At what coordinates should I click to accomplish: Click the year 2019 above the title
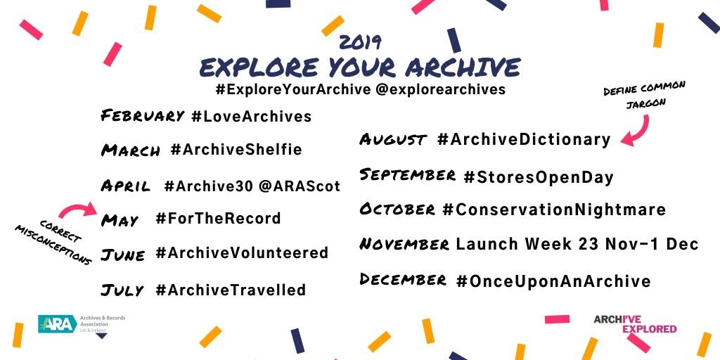[x=360, y=42]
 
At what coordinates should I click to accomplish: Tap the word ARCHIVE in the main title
[x=463, y=68]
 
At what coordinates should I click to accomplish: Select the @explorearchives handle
[x=440, y=89]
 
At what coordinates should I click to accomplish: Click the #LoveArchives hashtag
[x=252, y=116]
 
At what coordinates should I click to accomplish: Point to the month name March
[x=131, y=150]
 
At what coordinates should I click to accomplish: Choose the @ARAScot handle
[x=299, y=186]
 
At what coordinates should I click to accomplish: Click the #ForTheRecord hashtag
[x=218, y=218]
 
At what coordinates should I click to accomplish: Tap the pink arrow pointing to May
[x=78, y=210]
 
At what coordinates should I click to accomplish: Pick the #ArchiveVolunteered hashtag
[x=242, y=253]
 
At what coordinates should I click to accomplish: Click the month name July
[x=122, y=290]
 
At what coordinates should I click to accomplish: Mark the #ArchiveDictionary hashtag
[x=524, y=139]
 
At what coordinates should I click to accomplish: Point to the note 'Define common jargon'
[x=644, y=95]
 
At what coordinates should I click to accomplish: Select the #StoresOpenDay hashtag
[x=539, y=177]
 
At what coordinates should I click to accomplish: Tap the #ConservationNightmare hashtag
[x=554, y=210]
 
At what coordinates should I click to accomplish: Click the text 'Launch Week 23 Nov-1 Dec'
[x=577, y=244]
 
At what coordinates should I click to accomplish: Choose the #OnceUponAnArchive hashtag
[x=553, y=281]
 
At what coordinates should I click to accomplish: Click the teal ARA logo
[x=58, y=323]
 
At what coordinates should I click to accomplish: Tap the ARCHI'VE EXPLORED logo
[x=635, y=324]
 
